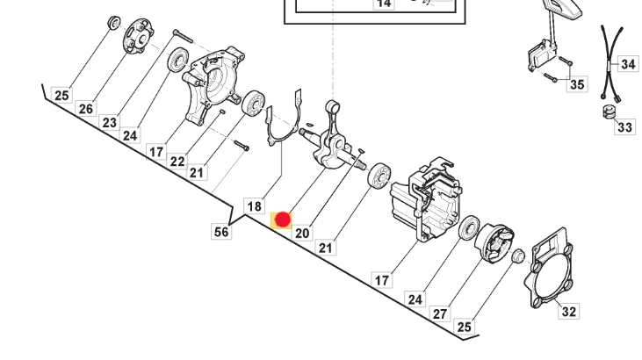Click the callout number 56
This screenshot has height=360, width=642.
coord(221,231)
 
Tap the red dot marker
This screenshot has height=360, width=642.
coord(283,220)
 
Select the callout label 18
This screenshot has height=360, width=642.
coord(254,206)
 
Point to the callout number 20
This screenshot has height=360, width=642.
coord(302,233)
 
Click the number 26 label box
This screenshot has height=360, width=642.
coord(85,109)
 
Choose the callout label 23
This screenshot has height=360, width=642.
coord(109,123)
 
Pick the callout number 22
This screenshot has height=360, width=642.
coord(177,161)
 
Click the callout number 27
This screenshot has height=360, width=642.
coord(440,313)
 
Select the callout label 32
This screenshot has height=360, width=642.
coord(569,311)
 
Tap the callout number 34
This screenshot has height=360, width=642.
coord(628,64)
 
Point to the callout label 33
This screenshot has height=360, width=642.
coord(624,127)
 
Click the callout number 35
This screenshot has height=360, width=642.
coord(577,84)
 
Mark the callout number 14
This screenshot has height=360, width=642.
coord(384,4)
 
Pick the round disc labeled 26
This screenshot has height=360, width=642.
coord(136,37)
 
